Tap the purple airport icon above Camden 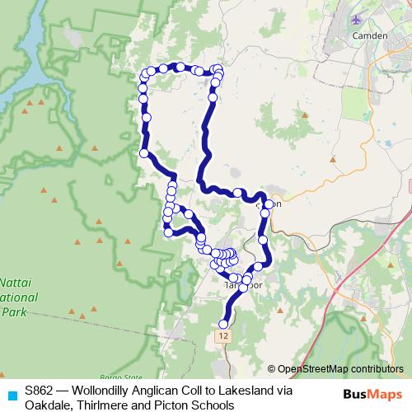(355, 19)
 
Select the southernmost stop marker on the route (223, 323)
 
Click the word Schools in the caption (214, 404)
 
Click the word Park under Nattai (12, 311)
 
